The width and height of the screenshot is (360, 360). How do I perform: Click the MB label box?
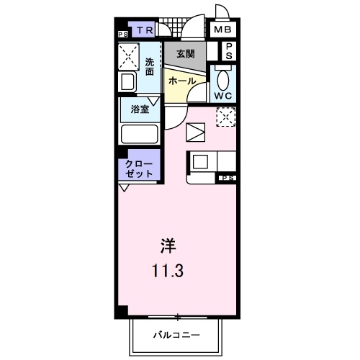pos(223,30)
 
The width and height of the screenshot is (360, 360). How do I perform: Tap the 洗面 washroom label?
pos(149,66)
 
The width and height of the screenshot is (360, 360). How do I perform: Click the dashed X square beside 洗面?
pos(130,55)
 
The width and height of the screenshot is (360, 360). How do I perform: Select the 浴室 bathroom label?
pos(140,109)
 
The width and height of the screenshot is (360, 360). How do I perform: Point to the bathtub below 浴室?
pos(139,134)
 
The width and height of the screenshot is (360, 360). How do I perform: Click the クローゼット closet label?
pos(140,169)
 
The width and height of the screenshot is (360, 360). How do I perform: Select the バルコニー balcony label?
pos(176,335)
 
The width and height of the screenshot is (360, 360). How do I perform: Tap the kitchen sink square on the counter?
pos(199,161)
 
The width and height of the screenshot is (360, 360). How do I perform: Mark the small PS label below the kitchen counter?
pos(228,179)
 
